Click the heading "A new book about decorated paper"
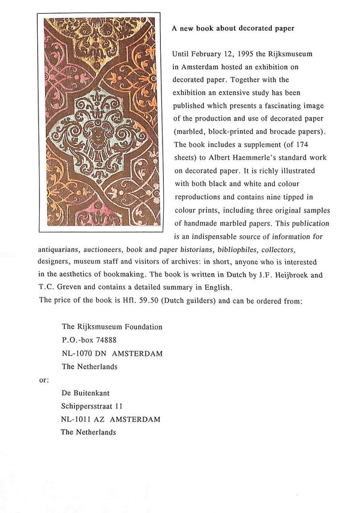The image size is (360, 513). pos(233,28)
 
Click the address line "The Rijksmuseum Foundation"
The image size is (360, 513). pos(112,327)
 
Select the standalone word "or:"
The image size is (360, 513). pos(44,380)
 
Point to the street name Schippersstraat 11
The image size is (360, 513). pos(92,406)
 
